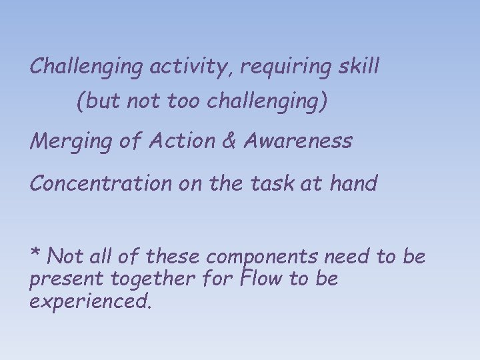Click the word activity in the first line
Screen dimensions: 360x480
191,67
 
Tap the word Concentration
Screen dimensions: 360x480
101,183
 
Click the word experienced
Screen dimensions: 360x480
91,302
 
